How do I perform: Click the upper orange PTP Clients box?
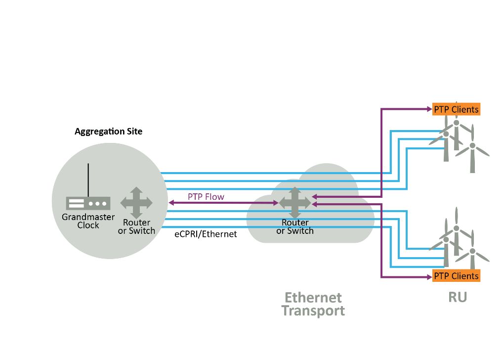[456, 109]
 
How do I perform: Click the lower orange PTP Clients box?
[456, 276]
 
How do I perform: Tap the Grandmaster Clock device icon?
[88, 203]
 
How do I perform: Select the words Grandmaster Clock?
[88, 221]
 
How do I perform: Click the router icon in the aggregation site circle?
[136, 202]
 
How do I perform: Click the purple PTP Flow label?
[206, 197]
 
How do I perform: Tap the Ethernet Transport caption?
[313, 304]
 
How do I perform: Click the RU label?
[458, 297]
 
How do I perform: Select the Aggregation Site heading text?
[108, 132]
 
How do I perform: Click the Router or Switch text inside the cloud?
[295, 227]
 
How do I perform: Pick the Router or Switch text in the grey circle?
[136, 227]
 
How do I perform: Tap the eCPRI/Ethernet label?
[206, 235]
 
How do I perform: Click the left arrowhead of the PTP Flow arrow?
[170, 202]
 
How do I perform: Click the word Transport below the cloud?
[313, 311]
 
